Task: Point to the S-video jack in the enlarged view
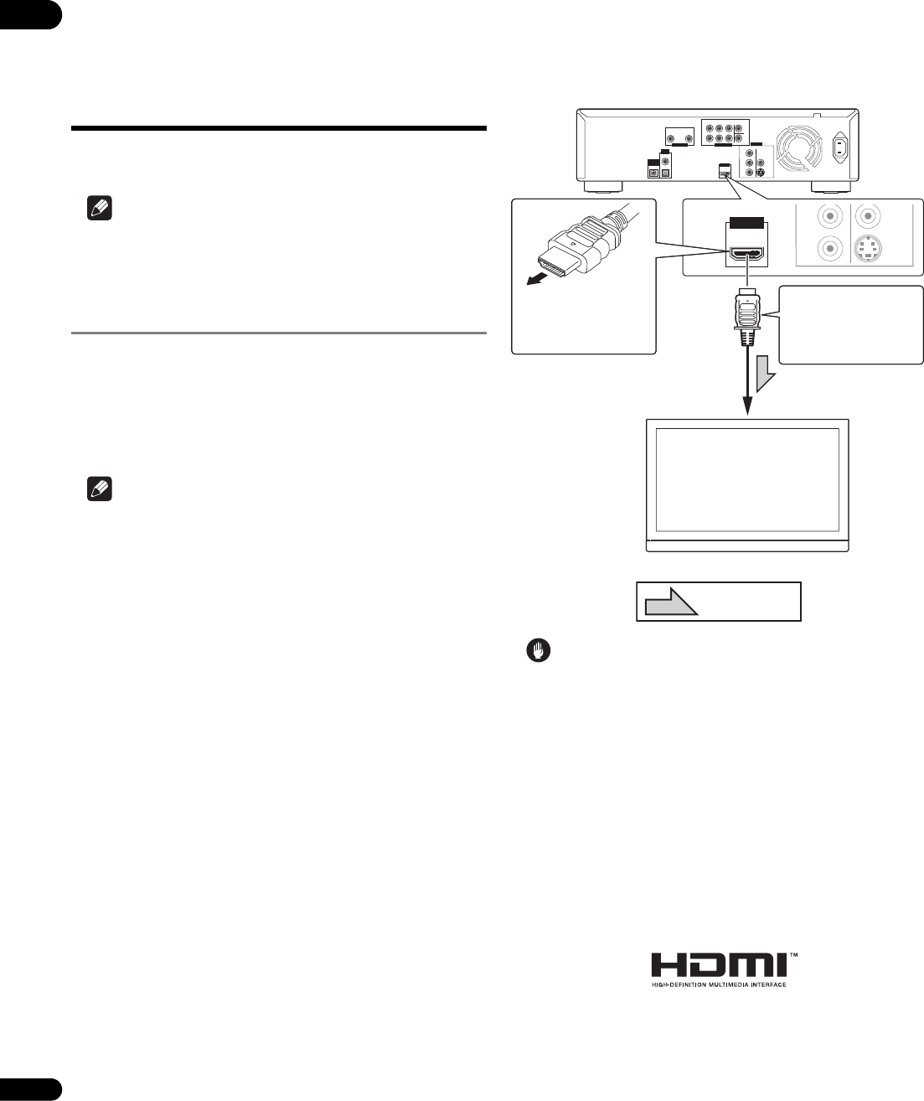pyautogui.click(x=872, y=250)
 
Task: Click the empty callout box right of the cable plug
pyautogui.click(x=851, y=325)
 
